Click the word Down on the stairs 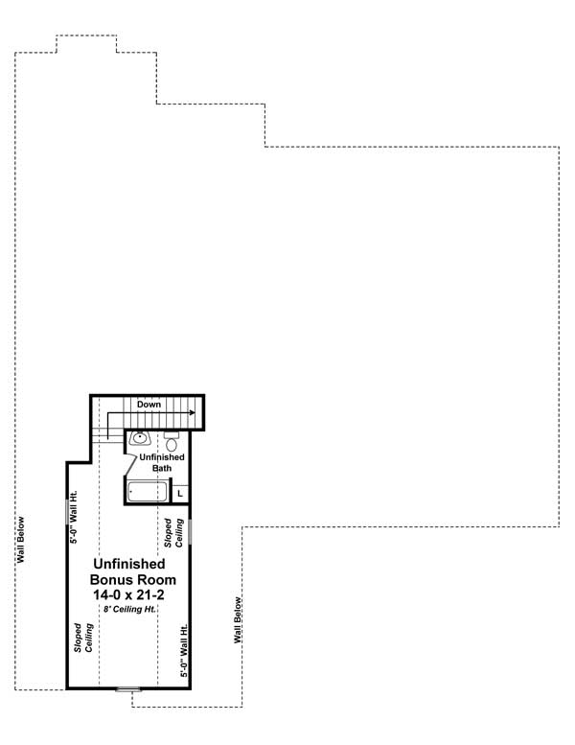tap(149, 405)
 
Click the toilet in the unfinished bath tap(172, 442)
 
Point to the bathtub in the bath tap(148, 492)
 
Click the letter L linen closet tap(180, 493)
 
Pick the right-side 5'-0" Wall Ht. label tap(184, 650)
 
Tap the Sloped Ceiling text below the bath tap(172, 534)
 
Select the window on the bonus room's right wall tap(190, 530)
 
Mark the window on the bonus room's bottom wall tap(127, 688)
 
